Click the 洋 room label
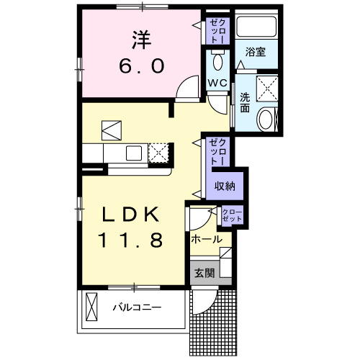pos(141,37)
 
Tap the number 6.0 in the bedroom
pos(141,66)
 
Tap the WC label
pos(217,84)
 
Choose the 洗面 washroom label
pos(245,103)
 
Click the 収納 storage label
pos(225,186)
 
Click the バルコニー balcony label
pos(136,308)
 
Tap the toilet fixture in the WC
pos(217,57)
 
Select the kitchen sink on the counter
pos(135,153)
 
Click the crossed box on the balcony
pos(92,308)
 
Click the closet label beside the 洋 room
pos(217,31)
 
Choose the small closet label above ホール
pos(233,215)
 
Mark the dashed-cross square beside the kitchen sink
pos(160,153)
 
